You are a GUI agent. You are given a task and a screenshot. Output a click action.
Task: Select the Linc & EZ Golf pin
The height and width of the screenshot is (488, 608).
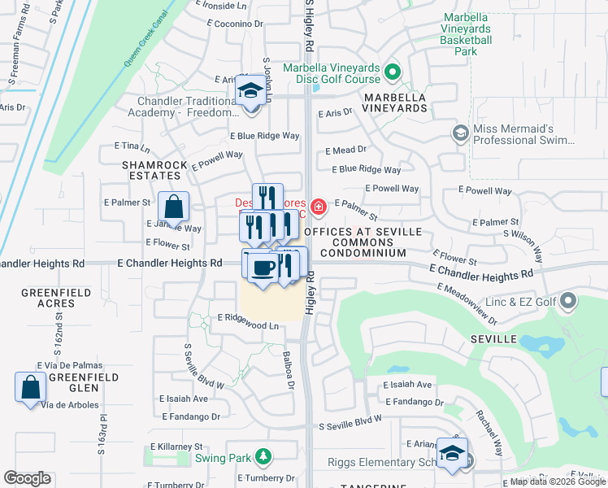568,303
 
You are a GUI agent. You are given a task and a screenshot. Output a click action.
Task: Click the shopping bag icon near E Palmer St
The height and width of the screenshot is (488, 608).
173,207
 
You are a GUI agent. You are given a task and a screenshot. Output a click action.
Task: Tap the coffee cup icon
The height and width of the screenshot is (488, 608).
262,267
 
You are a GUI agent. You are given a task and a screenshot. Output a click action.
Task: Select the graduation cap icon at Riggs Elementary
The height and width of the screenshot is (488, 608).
451,454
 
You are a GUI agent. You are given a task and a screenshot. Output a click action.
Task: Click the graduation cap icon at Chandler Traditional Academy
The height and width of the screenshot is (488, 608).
251,91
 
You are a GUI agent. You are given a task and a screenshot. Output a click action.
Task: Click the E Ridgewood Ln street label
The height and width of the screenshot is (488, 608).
248,325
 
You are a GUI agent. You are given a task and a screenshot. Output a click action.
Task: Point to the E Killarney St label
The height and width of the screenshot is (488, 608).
176,447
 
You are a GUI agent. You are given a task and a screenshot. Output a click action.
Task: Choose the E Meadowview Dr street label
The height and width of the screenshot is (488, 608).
466,299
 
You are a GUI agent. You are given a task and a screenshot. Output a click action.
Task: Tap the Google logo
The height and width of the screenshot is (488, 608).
27,478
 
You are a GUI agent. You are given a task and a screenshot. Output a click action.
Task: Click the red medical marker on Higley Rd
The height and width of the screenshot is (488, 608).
318,206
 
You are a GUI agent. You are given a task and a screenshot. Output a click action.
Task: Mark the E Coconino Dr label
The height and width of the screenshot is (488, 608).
238,24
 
